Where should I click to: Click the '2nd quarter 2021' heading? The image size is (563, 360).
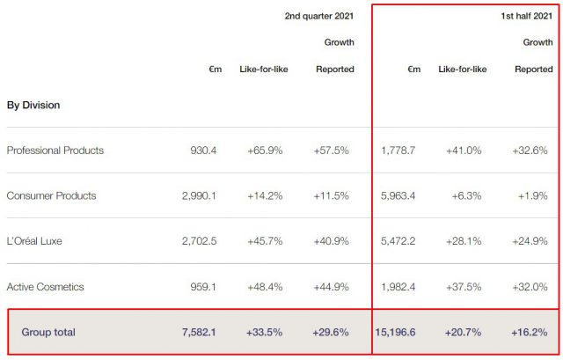point(319,17)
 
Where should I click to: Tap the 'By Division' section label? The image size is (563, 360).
point(33,105)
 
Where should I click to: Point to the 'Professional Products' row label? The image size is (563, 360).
point(55,151)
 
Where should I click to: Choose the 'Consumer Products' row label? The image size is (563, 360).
point(51,195)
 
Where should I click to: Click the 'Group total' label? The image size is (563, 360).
point(49,332)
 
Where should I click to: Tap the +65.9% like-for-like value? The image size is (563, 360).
point(265,151)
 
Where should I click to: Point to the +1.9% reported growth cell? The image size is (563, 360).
point(535,195)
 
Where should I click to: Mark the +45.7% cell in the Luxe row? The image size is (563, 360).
point(265,241)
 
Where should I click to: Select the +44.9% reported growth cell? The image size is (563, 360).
point(333,287)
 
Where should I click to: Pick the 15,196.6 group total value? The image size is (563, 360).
point(396,332)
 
